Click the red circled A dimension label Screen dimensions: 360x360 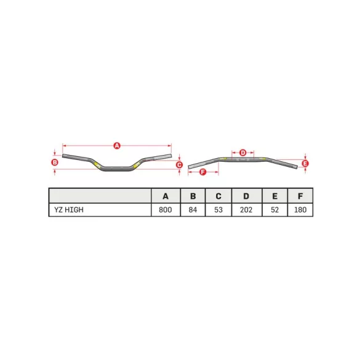coord(117,145)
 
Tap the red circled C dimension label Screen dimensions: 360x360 coord(179,164)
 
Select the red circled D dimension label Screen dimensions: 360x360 coord(242,152)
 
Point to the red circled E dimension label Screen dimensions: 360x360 coord(306,164)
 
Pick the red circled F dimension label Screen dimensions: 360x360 coord(204,180)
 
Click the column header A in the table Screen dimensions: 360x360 coord(166,196)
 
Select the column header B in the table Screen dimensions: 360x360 coord(193,196)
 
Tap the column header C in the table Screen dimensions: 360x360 coord(218,196)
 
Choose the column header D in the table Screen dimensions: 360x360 coord(246,196)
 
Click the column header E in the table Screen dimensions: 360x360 coord(274,196)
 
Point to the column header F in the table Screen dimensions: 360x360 coord(300,196)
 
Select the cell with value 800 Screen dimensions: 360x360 coord(166,210)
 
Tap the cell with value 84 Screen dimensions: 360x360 coord(193,210)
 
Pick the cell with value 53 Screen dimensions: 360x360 coord(218,210)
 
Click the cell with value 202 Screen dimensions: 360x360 coord(246,210)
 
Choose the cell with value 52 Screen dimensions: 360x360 coord(274,210)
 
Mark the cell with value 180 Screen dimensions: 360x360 coord(300,210)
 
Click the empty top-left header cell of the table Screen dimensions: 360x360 coord(100,196)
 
